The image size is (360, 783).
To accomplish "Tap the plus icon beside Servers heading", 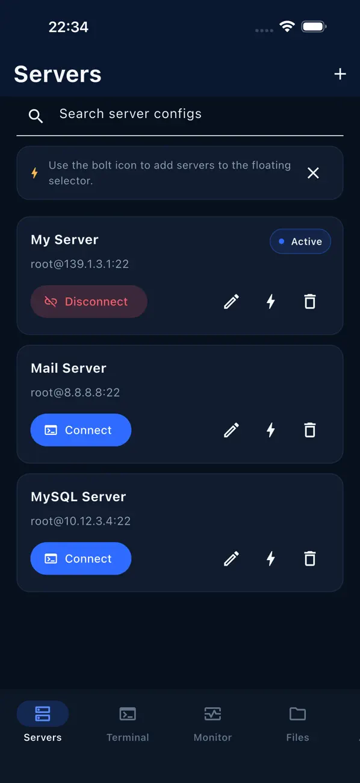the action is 340,74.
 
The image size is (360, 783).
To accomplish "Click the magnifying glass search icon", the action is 36,116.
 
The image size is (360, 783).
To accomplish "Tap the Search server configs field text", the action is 131,114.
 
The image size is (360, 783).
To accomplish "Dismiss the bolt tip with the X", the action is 313,173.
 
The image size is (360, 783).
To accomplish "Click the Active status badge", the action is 300,241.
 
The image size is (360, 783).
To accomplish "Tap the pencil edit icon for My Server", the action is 231,302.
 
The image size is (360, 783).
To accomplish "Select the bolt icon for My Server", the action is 270,301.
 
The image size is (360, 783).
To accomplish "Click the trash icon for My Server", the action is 309,302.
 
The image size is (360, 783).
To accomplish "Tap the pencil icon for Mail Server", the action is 231,430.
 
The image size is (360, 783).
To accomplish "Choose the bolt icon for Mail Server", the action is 270,430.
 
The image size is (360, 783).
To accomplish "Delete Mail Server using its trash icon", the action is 309,430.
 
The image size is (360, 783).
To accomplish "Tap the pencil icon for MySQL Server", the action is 231,558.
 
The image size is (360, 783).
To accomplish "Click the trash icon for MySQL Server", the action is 309,558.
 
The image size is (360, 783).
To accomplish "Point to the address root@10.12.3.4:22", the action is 81,521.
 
